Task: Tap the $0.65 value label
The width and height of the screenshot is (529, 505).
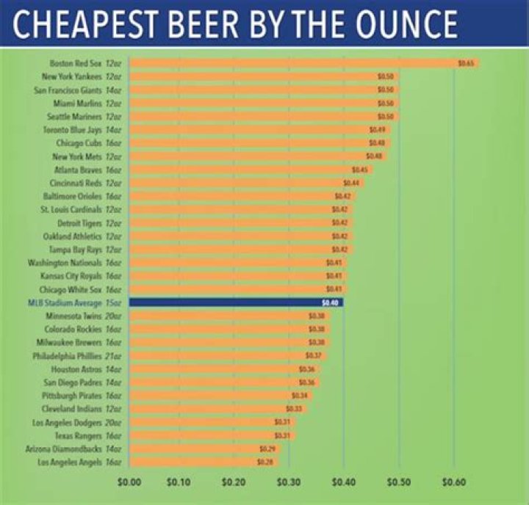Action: pos(466,63)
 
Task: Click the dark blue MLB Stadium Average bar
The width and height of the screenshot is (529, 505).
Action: pos(235,302)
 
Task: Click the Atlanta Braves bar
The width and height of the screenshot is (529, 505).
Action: pos(250,170)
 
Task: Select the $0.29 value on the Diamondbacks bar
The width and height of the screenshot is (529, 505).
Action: pos(267,448)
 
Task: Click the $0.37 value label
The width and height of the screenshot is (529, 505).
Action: pos(314,355)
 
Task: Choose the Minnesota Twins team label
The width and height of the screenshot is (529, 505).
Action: pos(82,316)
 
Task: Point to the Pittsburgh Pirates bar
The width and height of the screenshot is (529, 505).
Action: pos(220,395)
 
